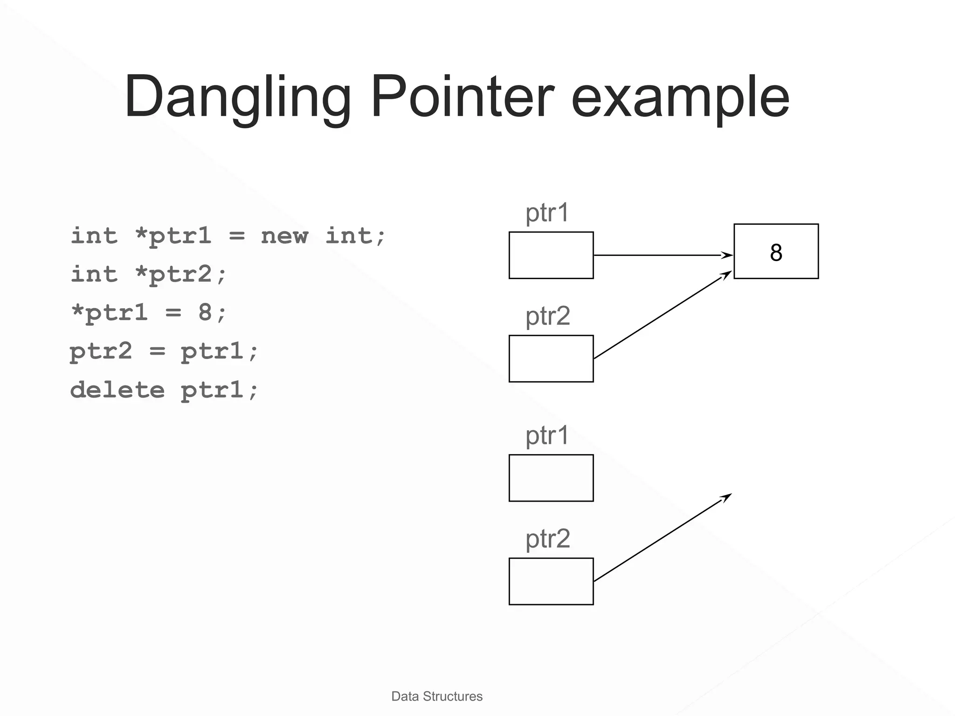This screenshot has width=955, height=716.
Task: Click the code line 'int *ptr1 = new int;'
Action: (228, 236)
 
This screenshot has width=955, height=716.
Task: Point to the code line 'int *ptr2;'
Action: (148, 274)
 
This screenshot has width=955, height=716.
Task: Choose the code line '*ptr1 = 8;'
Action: (148, 312)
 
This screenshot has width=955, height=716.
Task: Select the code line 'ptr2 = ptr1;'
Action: (164, 351)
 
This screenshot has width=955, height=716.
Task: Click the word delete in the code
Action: (118, 390)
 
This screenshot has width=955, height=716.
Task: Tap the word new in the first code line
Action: (284, 236)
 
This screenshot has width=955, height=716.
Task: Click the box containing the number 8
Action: (776, 252)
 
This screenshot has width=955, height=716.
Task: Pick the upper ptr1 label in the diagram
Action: (547, 213)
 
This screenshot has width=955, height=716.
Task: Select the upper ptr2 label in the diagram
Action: (548, 317)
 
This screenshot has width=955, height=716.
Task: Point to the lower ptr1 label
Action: (547, 436)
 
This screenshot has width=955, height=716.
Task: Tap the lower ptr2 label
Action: (548, 539)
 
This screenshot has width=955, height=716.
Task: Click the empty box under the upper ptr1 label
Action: (551, 255)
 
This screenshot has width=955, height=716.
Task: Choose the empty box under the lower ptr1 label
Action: (551, 478)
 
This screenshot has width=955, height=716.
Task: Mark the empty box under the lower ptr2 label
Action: (551, 582)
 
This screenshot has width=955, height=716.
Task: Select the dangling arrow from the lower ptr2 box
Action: (662, 537)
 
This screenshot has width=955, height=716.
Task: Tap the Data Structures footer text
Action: (437, 696)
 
